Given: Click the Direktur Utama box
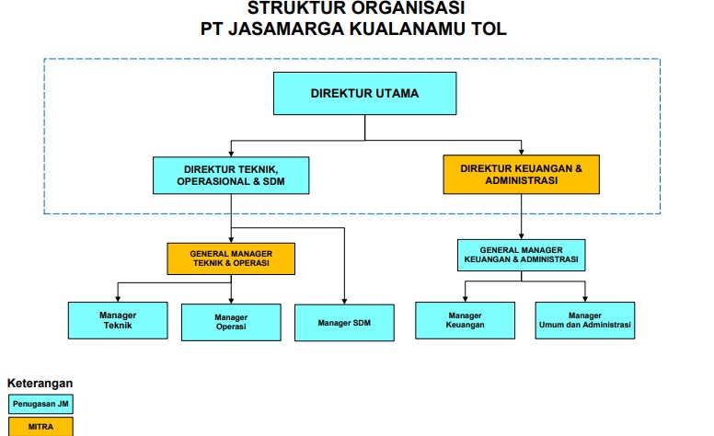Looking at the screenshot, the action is point(364,93).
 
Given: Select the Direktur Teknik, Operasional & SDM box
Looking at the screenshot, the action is point(231,176).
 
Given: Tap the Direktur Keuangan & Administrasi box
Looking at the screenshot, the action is point(522,175).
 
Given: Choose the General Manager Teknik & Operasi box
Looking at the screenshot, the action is point(231,258).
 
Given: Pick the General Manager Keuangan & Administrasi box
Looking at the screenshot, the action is point(522,255).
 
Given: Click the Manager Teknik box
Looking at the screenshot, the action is point(118,320).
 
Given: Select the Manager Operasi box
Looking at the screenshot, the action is point(231,322).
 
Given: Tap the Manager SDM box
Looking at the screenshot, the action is point(344,323).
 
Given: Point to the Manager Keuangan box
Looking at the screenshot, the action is point(465,320).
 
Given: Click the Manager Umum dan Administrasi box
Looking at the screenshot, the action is point(585,320).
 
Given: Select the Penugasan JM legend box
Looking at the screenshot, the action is point(40,404).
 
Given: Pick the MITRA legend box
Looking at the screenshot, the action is point(40,427).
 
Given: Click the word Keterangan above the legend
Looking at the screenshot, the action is point(40,384).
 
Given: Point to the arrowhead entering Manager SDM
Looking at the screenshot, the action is point(344,302).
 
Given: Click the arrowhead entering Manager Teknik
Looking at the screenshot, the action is point(118,299).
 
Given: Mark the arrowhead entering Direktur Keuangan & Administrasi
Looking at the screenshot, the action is point(522,152).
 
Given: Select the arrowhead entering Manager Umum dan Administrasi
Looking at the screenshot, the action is point(585,299).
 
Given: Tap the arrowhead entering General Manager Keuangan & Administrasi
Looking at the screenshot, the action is point(522,236).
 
